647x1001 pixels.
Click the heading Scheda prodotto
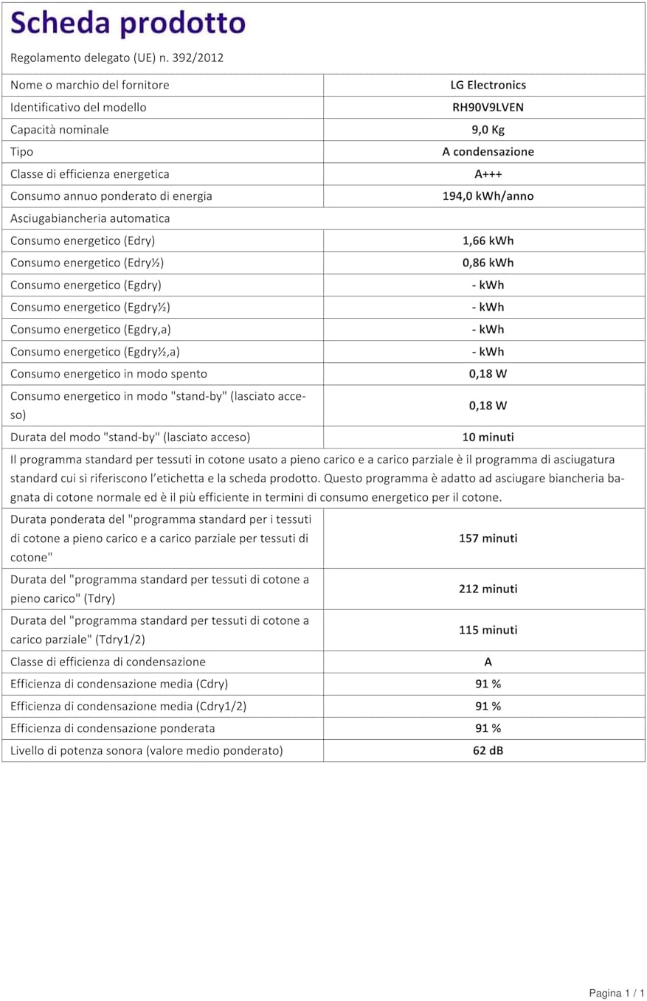click(x=128, y=24)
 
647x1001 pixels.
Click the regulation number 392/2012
click(x=197, y=58)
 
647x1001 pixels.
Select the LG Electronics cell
click(x=488, y=85)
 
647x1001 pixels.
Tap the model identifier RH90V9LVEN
click(x=488, y=107)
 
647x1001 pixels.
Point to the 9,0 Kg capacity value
click(x=488, y=130)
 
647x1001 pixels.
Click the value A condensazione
click(x=488, y=152)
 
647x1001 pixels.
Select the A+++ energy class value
click(x=488, y=174)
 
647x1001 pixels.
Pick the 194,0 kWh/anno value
click(x=488, y=196)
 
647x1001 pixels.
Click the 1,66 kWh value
click(x=488, y=240)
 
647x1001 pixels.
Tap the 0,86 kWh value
click(x=488, y=263)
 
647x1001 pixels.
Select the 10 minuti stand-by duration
click(x=488, y=437)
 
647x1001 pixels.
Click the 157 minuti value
click(x=488, y=538)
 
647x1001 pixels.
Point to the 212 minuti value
click(x=488, y=589)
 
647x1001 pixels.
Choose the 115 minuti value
click(x=488, y=630)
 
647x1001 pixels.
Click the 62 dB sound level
click(x=488, y=751)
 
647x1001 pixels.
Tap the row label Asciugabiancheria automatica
click(x=90, y=218)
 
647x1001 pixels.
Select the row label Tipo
click(x=21, y=152)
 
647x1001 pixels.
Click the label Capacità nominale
click(x=60, y=130)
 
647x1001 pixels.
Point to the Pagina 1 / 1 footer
click(x=617, y=993)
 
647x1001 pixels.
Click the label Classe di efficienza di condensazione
click(x=108, y=662)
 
